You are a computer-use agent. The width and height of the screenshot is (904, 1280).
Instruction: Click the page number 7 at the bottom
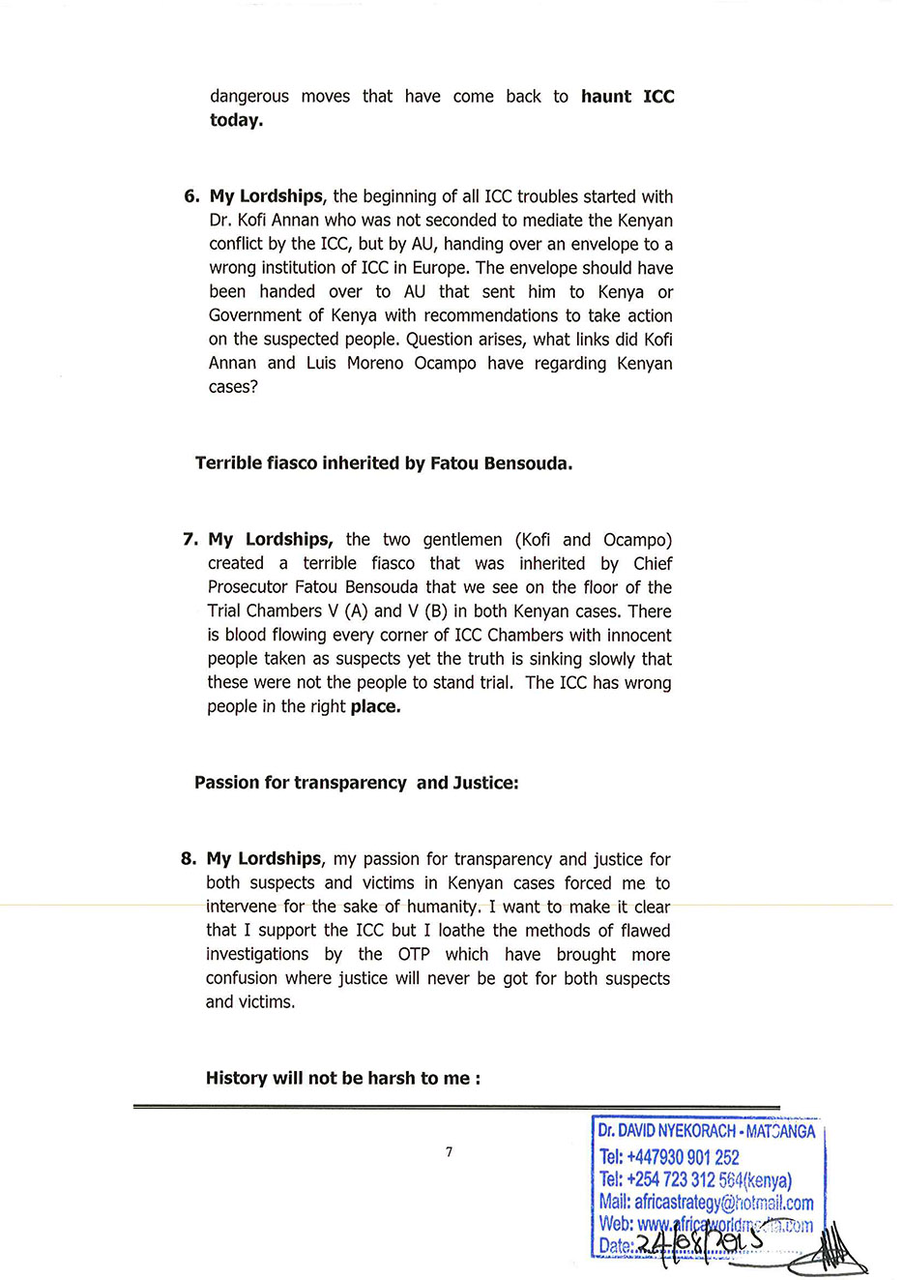[x=449, y=1151]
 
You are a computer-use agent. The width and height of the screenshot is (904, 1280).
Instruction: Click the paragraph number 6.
[x=190, y=196]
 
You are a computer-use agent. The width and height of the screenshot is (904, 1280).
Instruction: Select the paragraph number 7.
[x=190, y=540]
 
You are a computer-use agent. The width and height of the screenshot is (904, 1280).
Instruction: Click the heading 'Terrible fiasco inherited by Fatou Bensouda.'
[x=384, y=463]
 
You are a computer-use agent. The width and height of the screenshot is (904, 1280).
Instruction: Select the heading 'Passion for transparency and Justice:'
[x=356, y=783]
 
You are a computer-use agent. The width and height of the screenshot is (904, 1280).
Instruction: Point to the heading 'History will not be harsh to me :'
[x=343, y=1078]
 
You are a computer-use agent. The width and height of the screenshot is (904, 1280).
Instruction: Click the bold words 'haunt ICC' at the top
[x=627, y=97]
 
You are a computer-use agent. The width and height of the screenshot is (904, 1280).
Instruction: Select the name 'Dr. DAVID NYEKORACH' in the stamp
[x=667, y=1131]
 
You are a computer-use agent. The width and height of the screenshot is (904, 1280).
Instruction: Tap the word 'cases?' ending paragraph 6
[x=233, y=387]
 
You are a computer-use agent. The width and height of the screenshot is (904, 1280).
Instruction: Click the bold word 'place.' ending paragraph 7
[x=375, y=707]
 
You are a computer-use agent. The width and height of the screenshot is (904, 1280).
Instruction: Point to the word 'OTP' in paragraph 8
[x=414, y=955]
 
